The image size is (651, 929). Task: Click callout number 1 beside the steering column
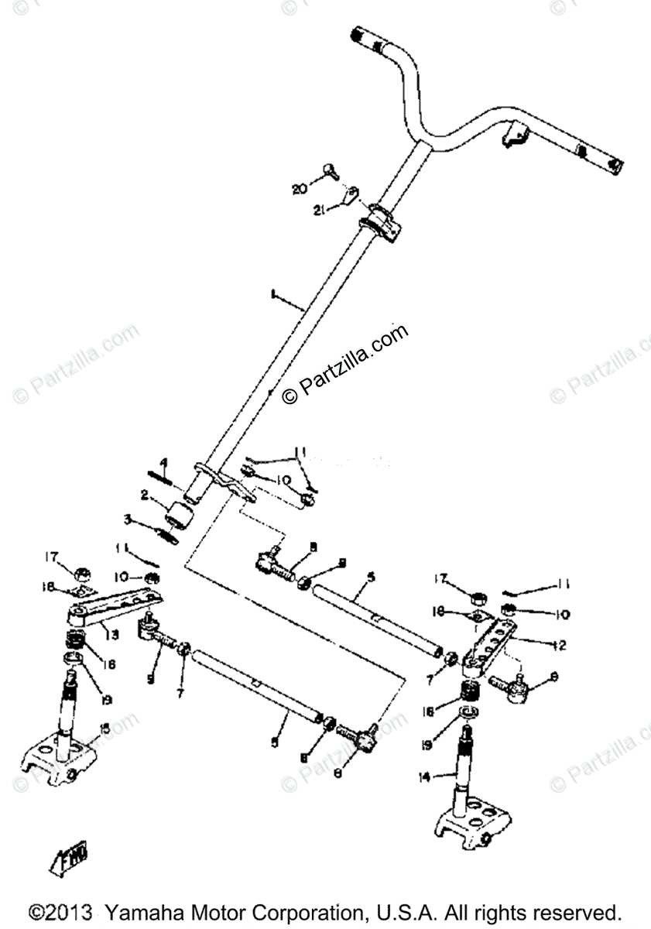[x=272, y=294]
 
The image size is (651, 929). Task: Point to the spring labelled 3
[x=167, y=533]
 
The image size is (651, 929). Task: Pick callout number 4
[x=165, y=464]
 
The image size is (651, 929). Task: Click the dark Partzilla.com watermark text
[x=345, y=363]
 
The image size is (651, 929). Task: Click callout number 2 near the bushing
[x=145, y=493]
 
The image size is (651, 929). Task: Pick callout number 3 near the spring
[x=128, y=519]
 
